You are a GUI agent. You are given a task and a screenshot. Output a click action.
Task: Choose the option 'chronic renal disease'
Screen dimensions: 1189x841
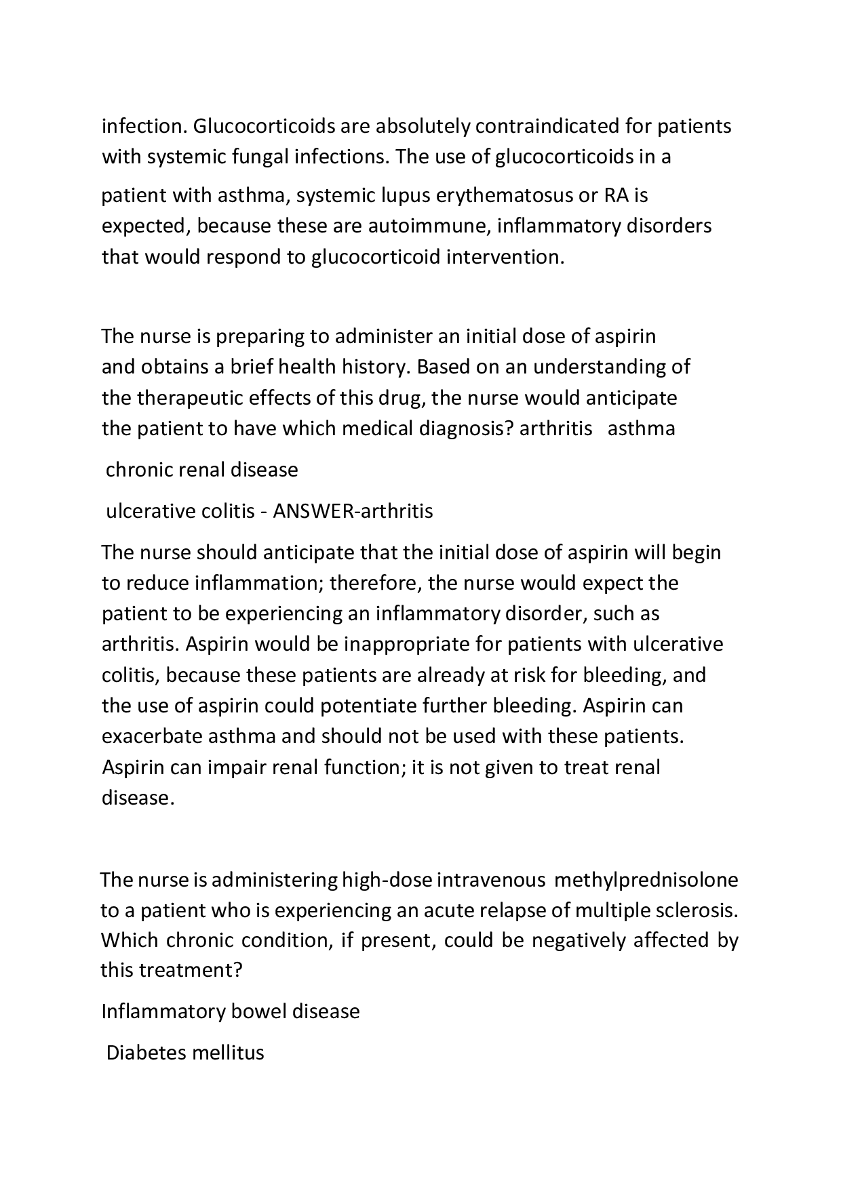click(x=201, y=470)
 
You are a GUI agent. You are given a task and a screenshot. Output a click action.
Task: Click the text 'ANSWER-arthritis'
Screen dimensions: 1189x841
click(x=353, y=510)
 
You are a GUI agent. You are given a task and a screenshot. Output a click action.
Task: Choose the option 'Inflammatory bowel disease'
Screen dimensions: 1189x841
click(x=231, y=1011)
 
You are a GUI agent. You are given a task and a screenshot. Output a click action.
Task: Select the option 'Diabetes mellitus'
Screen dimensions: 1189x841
click(x=185, y=1053)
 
